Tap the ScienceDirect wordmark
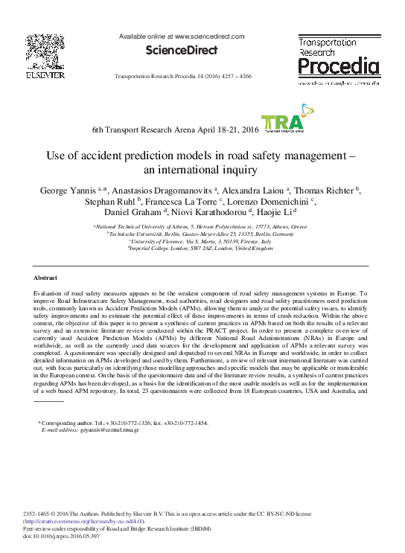point(181,51)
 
